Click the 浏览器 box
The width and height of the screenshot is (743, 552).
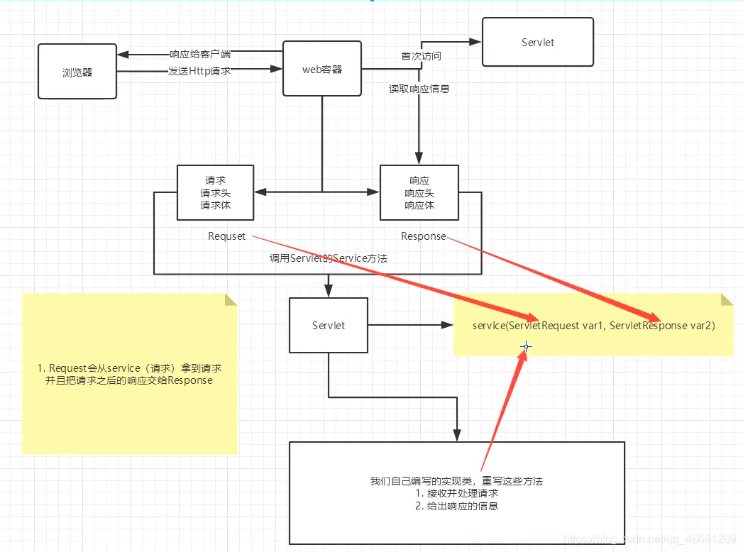77,72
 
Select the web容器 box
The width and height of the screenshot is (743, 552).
322,69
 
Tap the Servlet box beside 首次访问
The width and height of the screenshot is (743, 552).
537,43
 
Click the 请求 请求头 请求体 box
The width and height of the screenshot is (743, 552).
215,192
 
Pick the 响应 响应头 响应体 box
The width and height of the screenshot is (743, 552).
419,192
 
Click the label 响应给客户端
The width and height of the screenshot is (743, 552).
200,54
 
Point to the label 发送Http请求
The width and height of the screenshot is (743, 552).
199,71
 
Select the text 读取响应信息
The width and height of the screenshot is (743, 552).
419,89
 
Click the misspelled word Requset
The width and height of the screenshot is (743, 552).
226,236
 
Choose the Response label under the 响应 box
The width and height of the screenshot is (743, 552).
423,236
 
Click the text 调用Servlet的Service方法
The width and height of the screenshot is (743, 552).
328,259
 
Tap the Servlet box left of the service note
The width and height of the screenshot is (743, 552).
329,325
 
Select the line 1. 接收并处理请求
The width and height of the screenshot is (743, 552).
456,493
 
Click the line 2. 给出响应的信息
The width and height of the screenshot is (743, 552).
456,506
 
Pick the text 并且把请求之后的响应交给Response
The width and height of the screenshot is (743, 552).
128,380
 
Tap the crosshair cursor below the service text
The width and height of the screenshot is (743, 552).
526,347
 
